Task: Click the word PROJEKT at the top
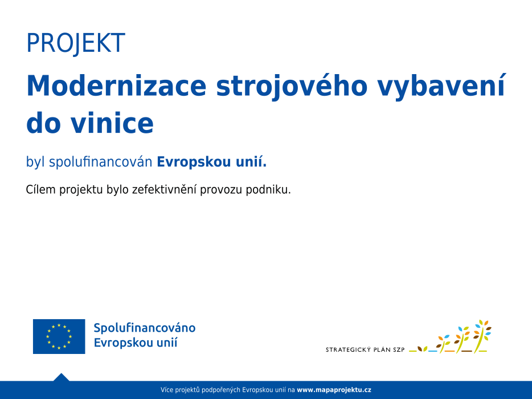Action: click(76, 43)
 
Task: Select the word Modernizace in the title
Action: click(116, 86)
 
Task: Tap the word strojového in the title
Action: click(292, 87)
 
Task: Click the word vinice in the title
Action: click(112, 123)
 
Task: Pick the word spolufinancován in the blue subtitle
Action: click(100, 162)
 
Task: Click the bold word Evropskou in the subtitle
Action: click(194, 162)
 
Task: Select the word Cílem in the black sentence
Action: click(40, 189)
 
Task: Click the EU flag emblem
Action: click(59, 336)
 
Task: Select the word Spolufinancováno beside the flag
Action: click(145, 328)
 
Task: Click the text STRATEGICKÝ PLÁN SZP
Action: click(365, 350)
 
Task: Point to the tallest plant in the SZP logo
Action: click(482, 336)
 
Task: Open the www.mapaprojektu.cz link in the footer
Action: click(334, 390)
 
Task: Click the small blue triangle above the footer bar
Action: click(62, 377)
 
